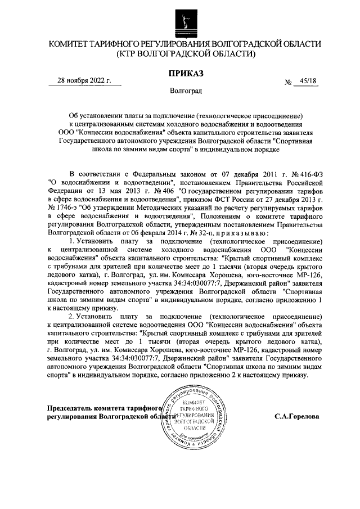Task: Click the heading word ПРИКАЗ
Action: click(185, 73)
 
